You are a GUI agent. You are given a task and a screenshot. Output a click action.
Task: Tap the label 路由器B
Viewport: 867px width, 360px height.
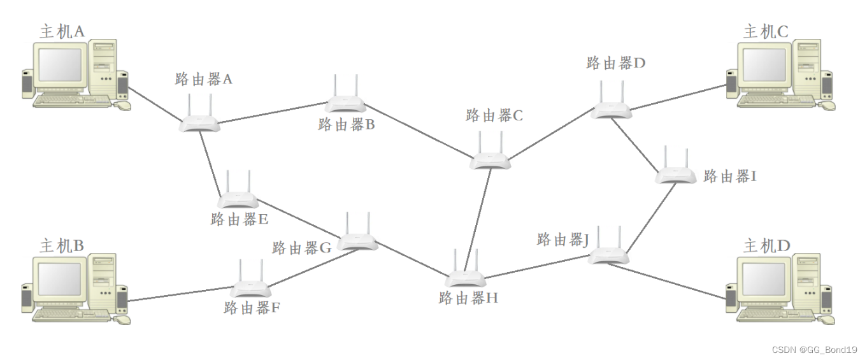pos(346,125)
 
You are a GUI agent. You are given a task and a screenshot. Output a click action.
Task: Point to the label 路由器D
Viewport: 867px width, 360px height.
pos(616,63)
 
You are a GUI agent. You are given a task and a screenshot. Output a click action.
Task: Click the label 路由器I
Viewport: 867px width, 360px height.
pos(729,176)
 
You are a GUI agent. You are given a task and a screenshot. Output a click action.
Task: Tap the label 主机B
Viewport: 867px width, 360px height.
pos(62,246)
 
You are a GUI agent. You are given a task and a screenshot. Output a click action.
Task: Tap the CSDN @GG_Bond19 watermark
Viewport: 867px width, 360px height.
pos(814,350)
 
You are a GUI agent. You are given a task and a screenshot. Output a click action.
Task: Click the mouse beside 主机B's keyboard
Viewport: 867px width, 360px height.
pos(123,319)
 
